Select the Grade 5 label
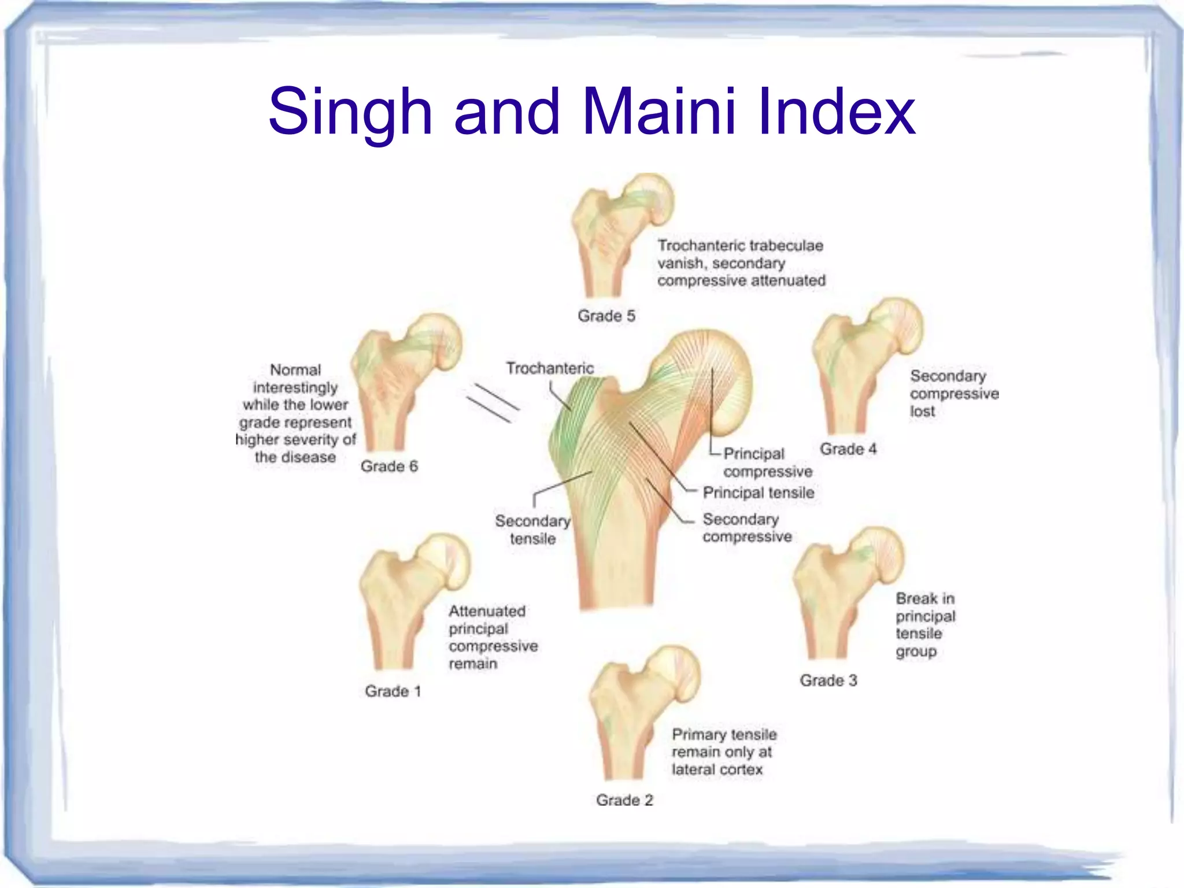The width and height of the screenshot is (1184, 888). (x=606, y=316)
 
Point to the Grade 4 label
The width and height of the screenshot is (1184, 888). (x=848, y=449)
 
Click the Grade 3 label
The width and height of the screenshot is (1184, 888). (x=828, y=680)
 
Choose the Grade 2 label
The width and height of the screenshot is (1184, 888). (x=624, y=800)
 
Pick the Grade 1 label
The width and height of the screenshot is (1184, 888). (x=393, y=691)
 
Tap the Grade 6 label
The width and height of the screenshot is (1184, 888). (x=389, y=466)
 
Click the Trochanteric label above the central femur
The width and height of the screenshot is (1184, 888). (x=550, y=368)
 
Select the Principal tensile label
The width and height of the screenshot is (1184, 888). (x=758, y=493)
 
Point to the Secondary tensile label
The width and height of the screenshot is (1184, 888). (x=532, y=530)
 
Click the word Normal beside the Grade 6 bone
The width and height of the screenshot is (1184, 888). (x=295, y=370)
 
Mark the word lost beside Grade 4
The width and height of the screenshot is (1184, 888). (x=922, y=412)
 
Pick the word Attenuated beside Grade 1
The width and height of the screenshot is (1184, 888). (x=487, y=611)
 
